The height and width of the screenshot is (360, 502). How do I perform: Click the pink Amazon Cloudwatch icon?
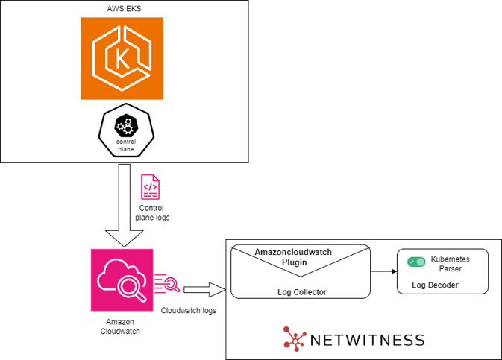click(121, 279)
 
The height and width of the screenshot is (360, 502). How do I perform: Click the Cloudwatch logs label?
click(188, 309)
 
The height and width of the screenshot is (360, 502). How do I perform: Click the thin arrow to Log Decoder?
click(383, 272)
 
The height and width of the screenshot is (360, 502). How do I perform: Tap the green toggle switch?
click(415, 262)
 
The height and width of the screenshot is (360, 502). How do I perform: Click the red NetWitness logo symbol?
click(296, 338)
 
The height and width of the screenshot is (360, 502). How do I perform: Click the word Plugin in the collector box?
click(295, 262)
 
